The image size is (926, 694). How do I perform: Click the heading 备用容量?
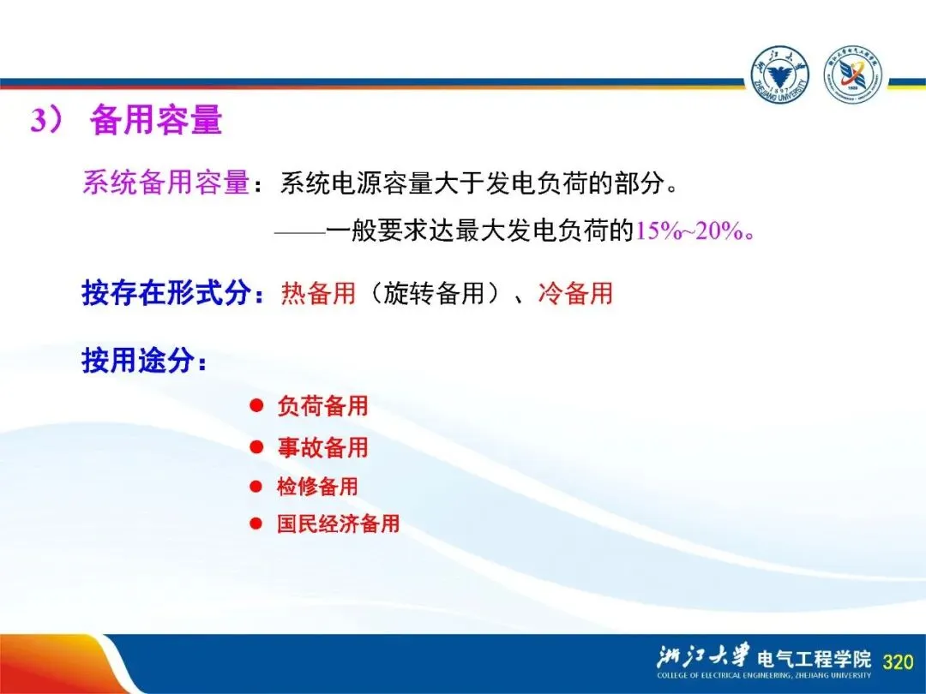[156, 120]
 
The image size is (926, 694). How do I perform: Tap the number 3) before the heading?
[46, 121]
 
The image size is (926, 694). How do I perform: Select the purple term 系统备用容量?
[166, 182]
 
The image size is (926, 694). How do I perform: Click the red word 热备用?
[318, 293]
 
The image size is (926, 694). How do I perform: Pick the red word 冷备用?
[575, 293]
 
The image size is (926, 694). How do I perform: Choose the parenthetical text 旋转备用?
[434, 293]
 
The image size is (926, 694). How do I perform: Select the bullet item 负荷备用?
[323, 406]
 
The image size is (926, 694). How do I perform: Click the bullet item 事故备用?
[323, 447]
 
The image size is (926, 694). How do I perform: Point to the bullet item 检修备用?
[318, 487]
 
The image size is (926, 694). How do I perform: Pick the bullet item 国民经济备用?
[339, 523]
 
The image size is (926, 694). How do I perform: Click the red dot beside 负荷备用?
[256, 406]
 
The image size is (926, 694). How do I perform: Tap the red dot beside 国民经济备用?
[256, 523]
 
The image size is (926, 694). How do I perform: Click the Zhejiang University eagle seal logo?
[779, 75]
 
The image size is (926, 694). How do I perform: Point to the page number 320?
[898, 661]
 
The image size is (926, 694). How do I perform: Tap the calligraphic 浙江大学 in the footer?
[703, 657]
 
